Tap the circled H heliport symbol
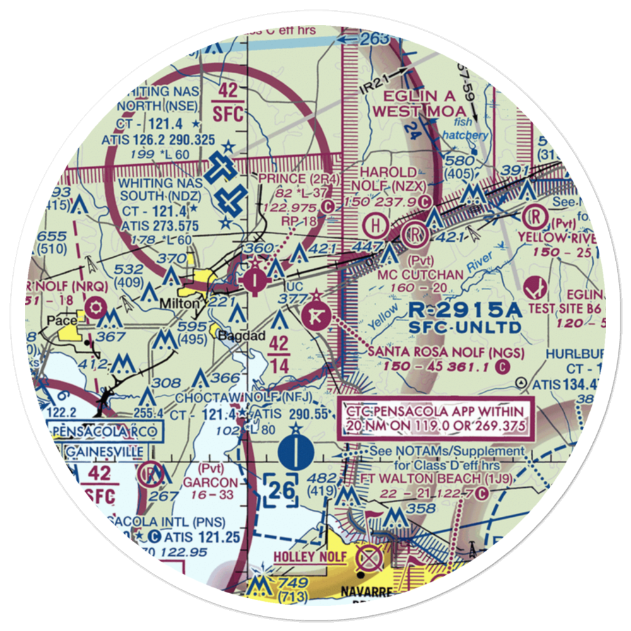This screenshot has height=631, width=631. [377, 223]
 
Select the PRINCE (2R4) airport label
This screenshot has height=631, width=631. [299, 179]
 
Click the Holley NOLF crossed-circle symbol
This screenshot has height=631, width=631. [369, 558]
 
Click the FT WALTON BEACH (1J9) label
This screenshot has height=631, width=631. [420, 478]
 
